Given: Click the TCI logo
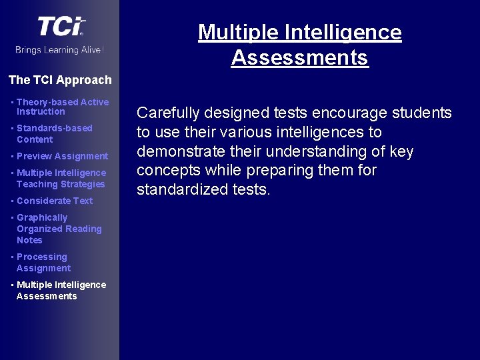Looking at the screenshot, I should tap(61, 27).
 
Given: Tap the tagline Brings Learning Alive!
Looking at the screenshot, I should tap(60, 50).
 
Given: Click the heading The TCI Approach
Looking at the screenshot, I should tap(60, 80).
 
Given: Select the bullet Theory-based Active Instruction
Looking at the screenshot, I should tap(62, 107).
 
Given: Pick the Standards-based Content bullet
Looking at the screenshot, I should tap(55, 133).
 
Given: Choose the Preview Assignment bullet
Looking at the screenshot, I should tap(62, 156).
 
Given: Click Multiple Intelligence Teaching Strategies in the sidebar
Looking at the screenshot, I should tap(61, 179).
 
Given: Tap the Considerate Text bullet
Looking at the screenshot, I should tap(55, 201).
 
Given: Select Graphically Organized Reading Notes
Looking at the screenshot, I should tap(59, 229).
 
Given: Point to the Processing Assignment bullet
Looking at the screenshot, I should tap(43, 263).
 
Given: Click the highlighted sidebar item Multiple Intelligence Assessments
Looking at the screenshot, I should tap(61, 291).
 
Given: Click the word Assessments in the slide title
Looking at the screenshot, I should tap(299, 58).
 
